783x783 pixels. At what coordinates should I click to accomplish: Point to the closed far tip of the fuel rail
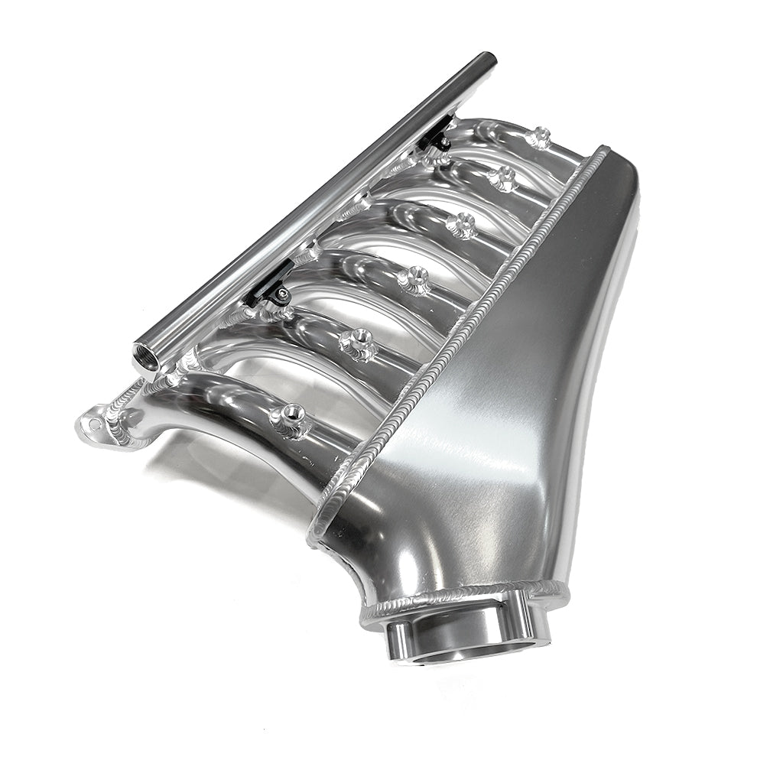(486, 59)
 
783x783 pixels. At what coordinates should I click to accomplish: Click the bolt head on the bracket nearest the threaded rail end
(283, 295)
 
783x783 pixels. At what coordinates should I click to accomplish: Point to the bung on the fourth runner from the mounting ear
(460, 224)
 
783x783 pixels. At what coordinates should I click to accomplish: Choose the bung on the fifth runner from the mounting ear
(502, 178)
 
